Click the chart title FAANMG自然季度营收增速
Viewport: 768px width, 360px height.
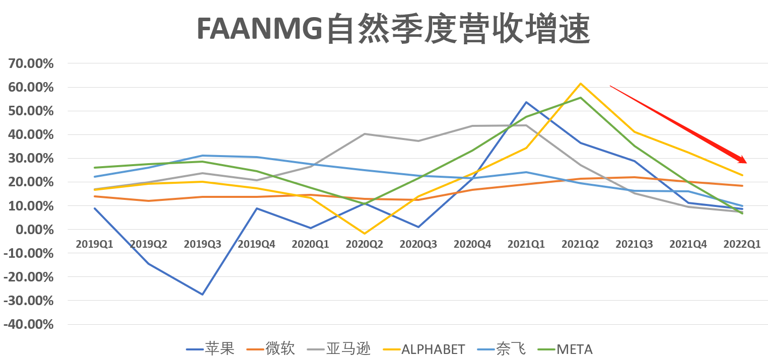392,29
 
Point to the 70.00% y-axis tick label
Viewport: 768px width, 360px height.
30,63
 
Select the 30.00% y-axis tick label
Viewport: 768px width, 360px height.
30,158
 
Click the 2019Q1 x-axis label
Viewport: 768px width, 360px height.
95,244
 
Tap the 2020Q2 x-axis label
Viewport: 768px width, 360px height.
364,244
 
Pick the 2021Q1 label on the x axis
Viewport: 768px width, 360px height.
526,244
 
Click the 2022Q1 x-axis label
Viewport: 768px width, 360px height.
742,244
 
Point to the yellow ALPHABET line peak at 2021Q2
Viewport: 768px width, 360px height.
580,84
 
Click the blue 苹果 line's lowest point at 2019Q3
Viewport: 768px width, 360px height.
202,294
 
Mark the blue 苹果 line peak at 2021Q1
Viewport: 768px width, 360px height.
526,102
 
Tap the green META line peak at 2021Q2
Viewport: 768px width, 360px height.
580,98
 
